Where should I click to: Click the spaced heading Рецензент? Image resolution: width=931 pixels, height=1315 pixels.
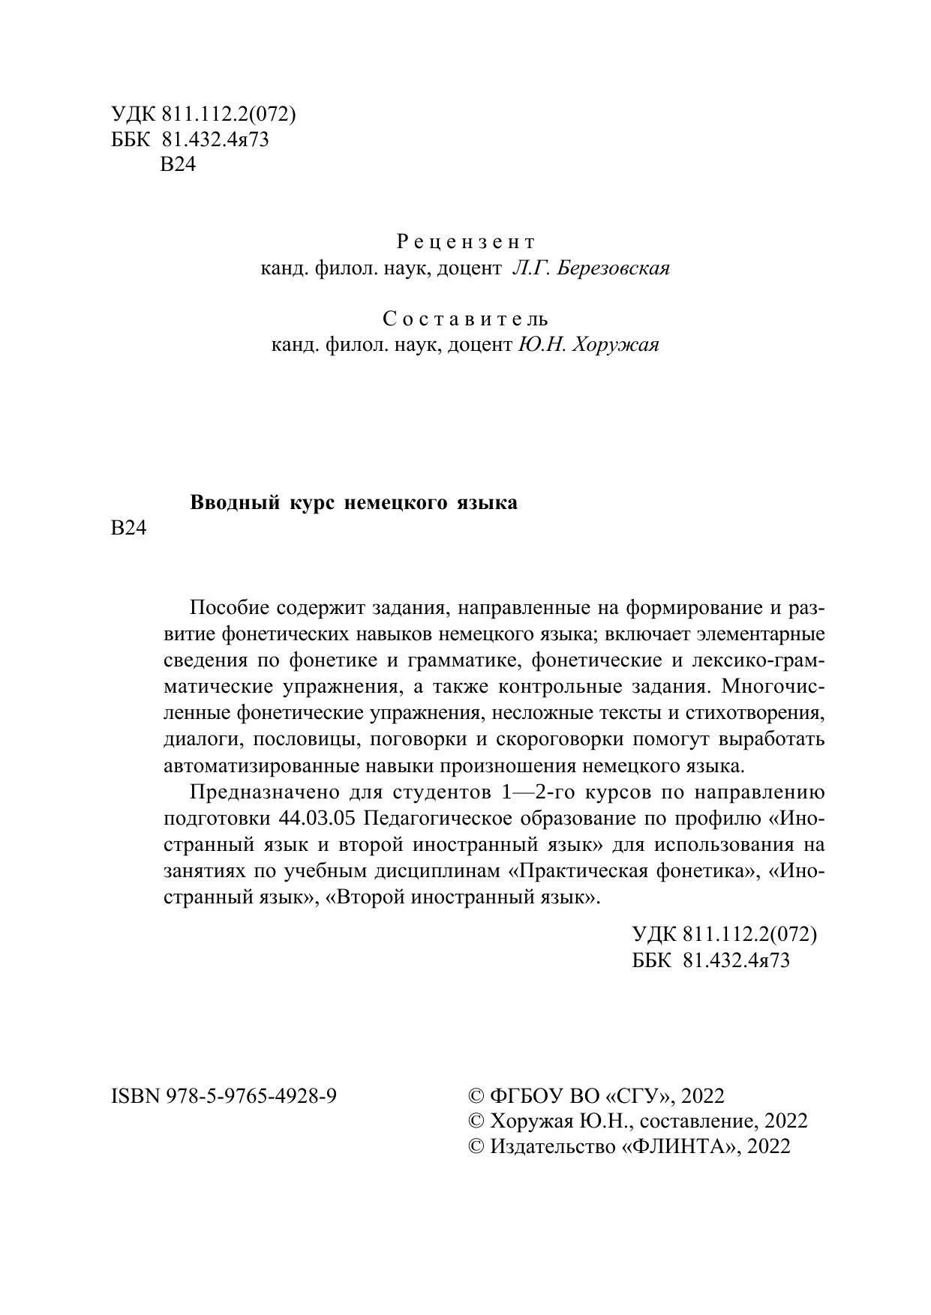(x=465, y=242)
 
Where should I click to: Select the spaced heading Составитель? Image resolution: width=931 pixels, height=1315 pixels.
(x=465, y=319)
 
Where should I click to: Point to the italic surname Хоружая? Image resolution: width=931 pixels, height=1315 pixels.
(x=616, y=345)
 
